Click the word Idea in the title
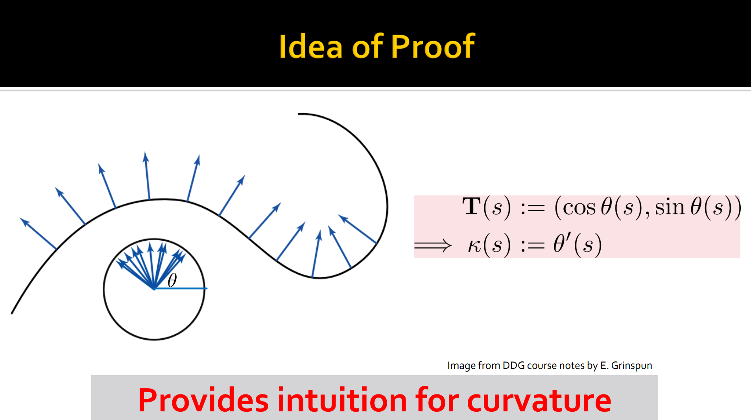coord(311,46)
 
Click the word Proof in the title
coord(433,46)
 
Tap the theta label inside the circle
coord(172,280)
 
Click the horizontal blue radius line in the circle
coord(180,289)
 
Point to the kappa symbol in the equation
coord(474,245)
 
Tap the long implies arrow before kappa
coord(433,246)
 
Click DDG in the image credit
coord(513,365)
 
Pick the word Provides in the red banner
coord(203,400)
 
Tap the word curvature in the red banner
coord(539,401)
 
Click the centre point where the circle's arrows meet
coord(154,289)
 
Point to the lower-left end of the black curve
coord(12,313)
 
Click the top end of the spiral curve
coord(299,114)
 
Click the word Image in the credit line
coord(461,366)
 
